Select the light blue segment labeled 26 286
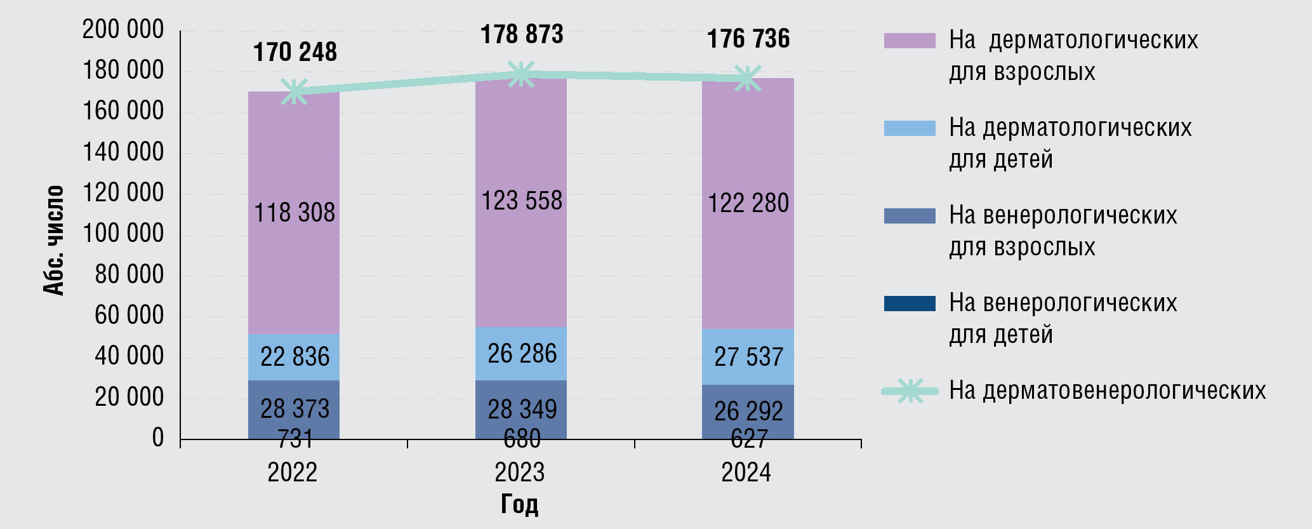click(522, 354)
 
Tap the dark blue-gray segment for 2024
click(748, 411)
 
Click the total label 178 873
click(522, 35)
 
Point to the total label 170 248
click(295, 52)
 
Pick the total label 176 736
click(748, 39)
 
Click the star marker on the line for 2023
click(521, 74)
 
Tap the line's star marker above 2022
click(295, 91)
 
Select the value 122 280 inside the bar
click(748, 203)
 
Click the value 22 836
click(295, 357)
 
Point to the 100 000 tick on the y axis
click(123, 234)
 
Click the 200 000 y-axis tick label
click(123, 30)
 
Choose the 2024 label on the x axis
click(746, 473)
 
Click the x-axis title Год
click(519, 504)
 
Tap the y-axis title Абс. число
click(55, 240)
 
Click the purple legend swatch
click(910, 41)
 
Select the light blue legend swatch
click(910, 128)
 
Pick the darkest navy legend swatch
click(910, 304)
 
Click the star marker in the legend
click(910, 391)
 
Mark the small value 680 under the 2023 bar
click(522, 438)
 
